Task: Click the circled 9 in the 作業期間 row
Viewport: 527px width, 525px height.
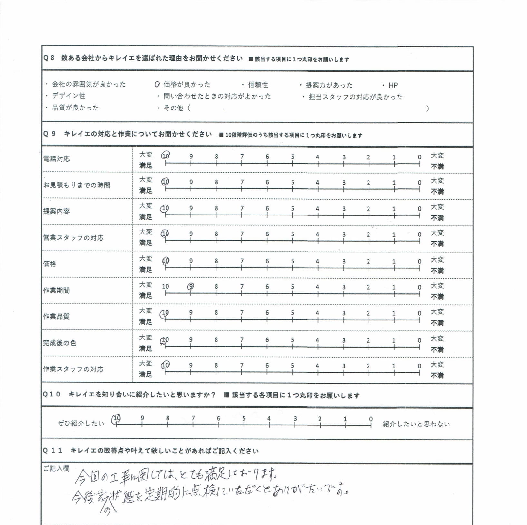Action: click(x=191, y=286)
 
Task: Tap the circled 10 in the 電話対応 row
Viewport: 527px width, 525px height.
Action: click(x=166, y=156)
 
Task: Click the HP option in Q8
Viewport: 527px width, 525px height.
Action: click(x=393, y=85)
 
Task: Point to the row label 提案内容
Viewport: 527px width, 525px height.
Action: click(x=56, y=211)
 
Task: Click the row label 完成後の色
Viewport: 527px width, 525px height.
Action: click(x=60, y=343)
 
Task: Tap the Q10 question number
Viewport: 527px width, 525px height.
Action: click(x=52, y=395)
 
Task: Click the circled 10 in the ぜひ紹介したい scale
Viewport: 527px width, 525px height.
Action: click(x=116, y=418)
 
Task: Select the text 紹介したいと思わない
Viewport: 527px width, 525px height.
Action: click(x=416, y=424)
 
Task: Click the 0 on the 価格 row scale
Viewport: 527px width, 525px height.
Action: click(x=419, y=262)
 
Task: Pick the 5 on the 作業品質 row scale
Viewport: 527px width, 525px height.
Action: click(x=292, y=313)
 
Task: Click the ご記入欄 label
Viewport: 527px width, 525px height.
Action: click(x=56, y=469)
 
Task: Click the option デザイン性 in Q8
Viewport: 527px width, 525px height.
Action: click(x=69, y=96)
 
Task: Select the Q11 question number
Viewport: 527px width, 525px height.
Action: click(x=53, y=450)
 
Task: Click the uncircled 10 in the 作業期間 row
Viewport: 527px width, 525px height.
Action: click(x=165, y=286)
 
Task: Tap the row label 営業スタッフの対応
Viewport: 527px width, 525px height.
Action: click(x=73, y=238)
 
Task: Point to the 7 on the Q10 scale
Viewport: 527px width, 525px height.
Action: click(x=193, y=418)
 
